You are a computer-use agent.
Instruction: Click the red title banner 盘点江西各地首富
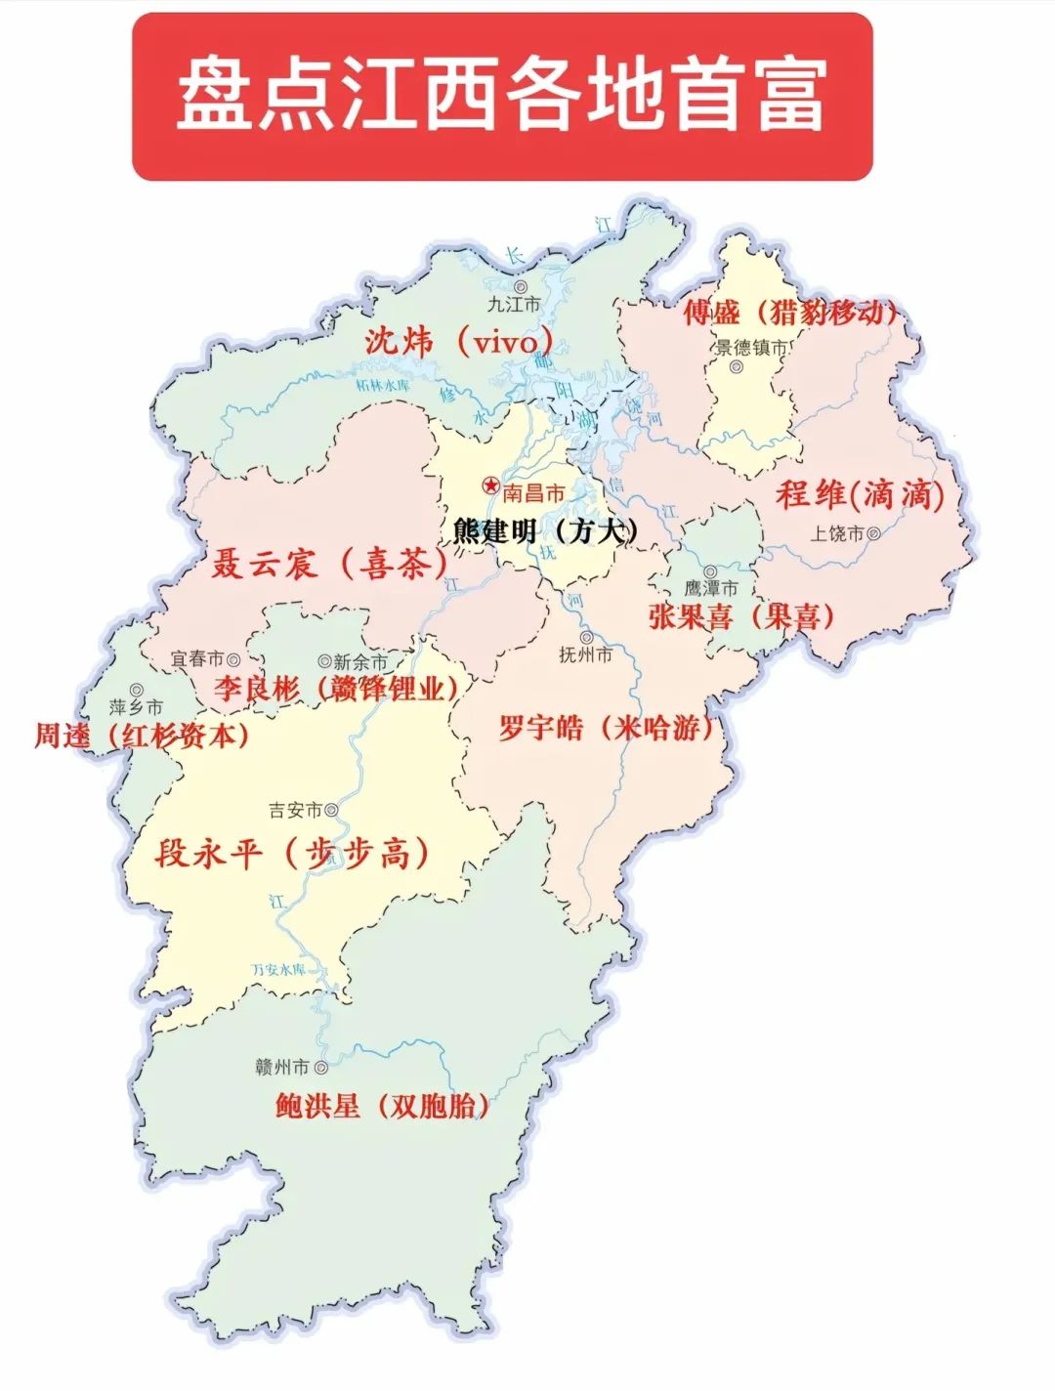[501, 96]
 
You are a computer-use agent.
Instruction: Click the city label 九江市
[513, 304]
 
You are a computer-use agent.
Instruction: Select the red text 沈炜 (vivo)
[459, 342]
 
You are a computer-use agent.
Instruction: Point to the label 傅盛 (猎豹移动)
[789, 313]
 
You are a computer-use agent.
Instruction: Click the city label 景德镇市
[751, 348]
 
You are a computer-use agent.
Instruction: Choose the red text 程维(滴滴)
[860, 495]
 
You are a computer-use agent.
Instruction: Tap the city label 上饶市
[837, 533]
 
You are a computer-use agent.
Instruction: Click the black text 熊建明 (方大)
[545, 530]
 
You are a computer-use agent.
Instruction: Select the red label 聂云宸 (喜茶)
[329, 564]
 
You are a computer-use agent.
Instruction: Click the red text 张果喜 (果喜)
[741, 616]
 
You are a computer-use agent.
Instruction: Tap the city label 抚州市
[585, 654]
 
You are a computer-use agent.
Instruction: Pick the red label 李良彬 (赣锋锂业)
[337, 689]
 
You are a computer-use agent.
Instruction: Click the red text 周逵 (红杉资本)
[141, 736]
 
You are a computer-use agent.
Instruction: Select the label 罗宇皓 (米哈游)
[606, 728]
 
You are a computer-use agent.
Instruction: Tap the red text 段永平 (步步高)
[292, 854]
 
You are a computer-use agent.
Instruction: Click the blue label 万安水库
[278, 970]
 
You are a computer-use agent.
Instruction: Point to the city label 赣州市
[281, 1067]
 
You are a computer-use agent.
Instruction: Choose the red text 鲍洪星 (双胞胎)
[382, 1106]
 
